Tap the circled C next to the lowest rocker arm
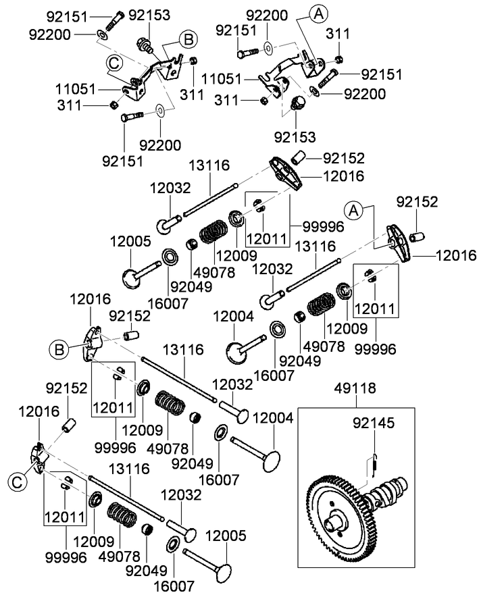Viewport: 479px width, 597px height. (x=17, y=482)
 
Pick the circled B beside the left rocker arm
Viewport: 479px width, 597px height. (x=59, y=349)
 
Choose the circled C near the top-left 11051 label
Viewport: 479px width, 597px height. (x=116, y=63)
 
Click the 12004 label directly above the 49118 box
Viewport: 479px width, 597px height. (x=273, y=419)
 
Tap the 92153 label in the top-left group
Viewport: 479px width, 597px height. (x=149, y=14)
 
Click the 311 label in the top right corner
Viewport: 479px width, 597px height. (x=338, y=32)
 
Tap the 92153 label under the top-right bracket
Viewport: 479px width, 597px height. (x=295, y=136)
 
